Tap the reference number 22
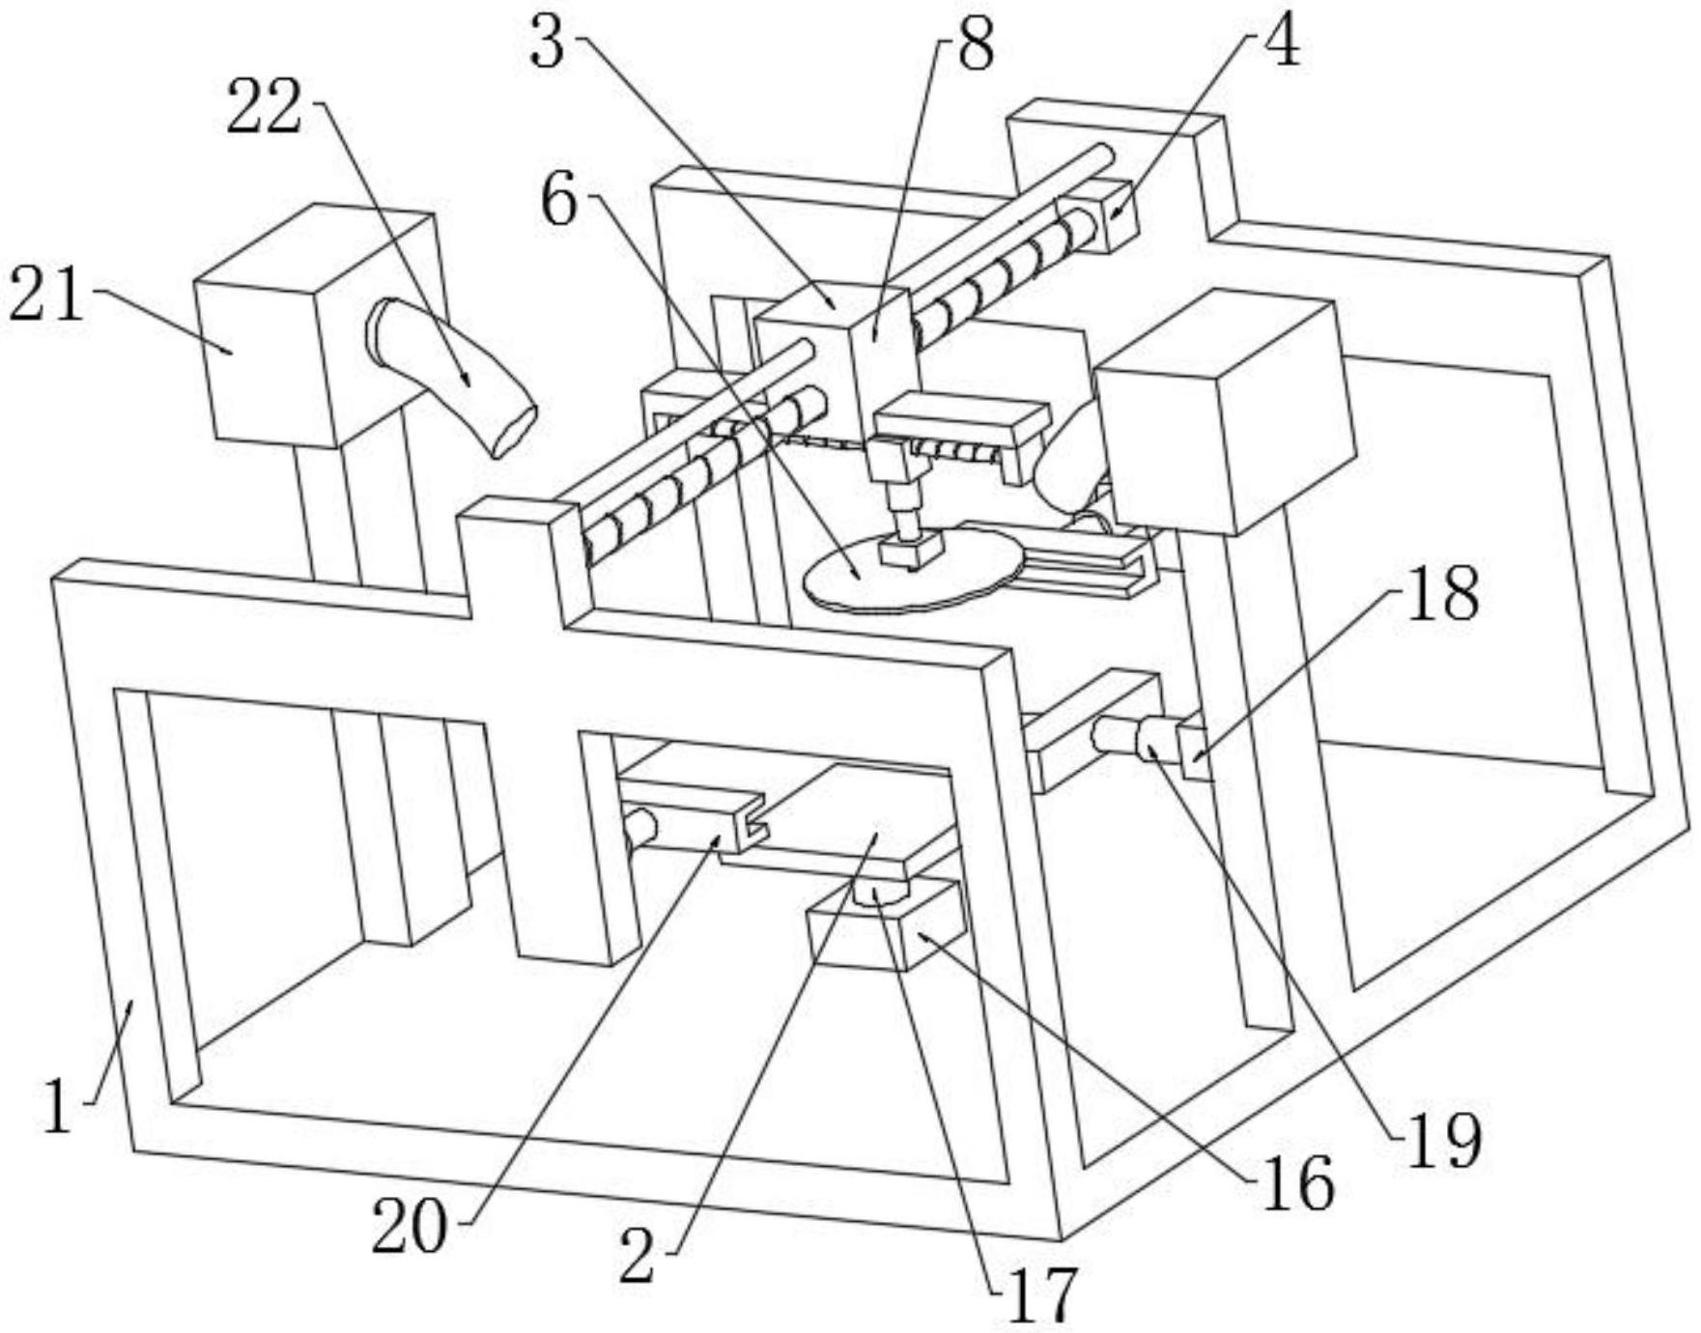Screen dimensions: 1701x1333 (265, 107)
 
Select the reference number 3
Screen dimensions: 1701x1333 (548, 43)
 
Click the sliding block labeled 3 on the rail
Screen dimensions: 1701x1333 (833, 372)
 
